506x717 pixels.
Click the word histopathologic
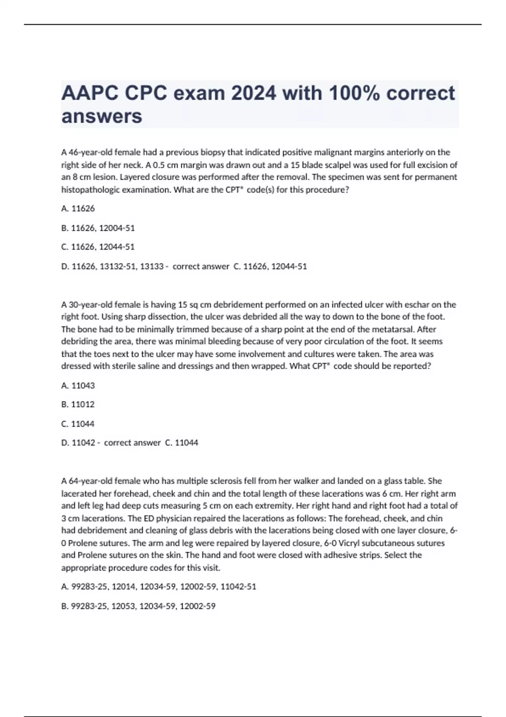coord(90,190)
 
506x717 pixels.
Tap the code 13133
coord(152,267)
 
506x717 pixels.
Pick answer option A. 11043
coord(78,385)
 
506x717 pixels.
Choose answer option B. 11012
coord(78,404)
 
